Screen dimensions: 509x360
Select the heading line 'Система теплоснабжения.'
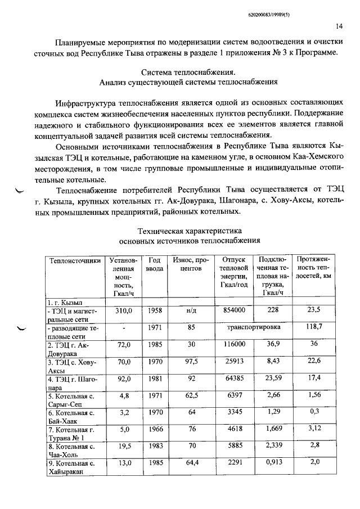[190, 73]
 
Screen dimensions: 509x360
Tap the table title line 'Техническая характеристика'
[190, 231]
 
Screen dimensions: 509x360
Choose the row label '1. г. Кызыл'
[65, 302]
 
